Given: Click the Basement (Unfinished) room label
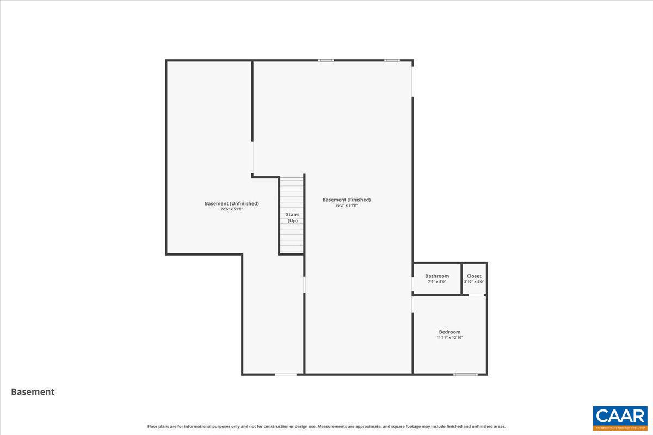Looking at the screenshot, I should [232, 203].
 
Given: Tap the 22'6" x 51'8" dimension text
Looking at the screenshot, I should [232, 209].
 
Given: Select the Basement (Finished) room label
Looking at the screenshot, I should [347, 200].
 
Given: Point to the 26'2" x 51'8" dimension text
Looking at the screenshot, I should [347, 206].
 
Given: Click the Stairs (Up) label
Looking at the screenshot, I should [293, 217].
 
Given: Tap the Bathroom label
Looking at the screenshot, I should [437, 276].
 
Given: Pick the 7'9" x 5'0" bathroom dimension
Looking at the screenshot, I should [437, 282].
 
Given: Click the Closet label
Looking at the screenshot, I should [474, 276].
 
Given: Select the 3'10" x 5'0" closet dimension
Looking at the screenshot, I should [474, 282].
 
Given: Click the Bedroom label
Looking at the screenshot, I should [449, 332].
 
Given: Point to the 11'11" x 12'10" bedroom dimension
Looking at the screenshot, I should [449, 338].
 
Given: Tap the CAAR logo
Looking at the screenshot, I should [620, 418].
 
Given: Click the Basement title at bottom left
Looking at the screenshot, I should [33, 391].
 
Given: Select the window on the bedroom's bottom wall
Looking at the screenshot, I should [466, 374].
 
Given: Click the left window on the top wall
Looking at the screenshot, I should [326, 60].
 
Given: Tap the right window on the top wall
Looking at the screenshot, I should [392, 60].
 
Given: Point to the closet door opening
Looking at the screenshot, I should [477, 295].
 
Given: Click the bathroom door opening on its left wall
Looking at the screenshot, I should [412, 284].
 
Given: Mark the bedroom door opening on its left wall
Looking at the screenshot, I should [412, 304].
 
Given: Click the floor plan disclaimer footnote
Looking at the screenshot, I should [326, 427].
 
